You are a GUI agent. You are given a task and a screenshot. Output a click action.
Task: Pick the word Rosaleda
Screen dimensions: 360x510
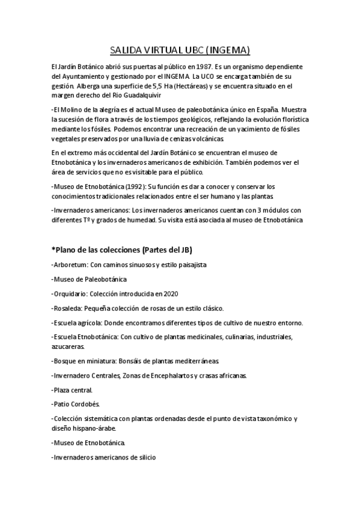pyautogui.click(x=69, y=309)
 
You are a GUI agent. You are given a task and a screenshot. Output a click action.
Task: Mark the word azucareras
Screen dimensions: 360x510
pyautogui.click(x=69, y=346)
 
